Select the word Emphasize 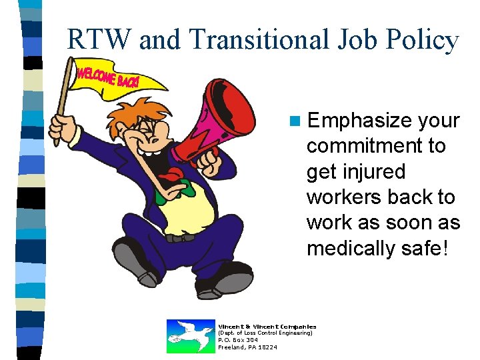click(360, 121)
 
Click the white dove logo click(190, 336)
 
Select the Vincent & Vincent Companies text click(267, 326)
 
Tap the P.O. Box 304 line click(238, 340)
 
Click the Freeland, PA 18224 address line click(248, 347)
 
